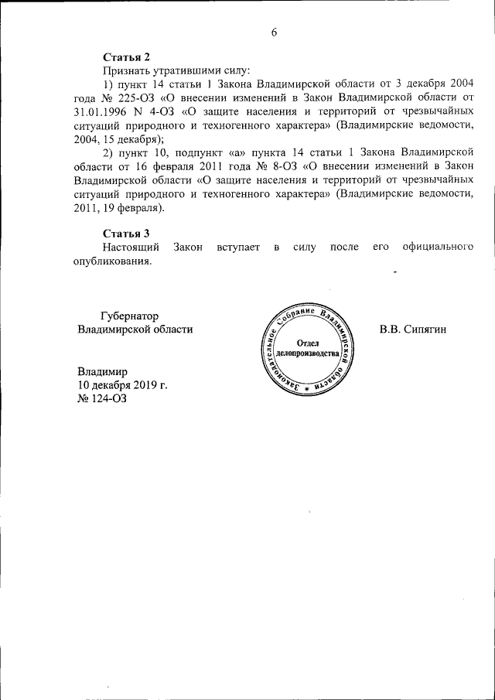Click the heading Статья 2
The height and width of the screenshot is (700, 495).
(126, 57)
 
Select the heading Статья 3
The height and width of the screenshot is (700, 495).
(126, 233)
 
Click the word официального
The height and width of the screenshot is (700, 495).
(438, 247)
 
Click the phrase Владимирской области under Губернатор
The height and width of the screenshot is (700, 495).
(135, 329)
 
